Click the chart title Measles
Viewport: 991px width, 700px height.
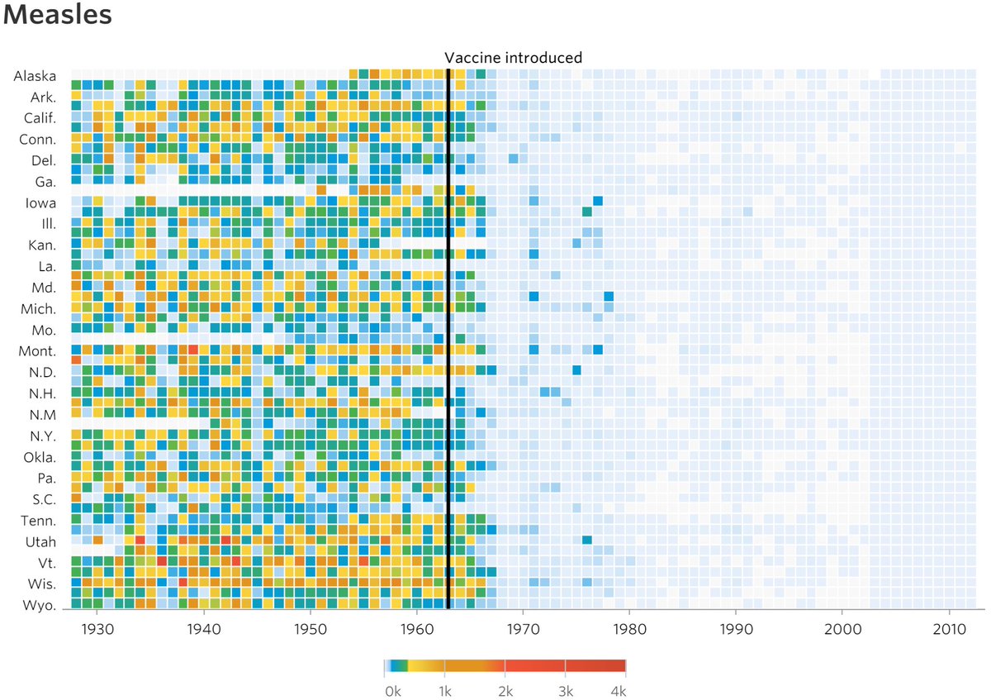(x=58, y=17)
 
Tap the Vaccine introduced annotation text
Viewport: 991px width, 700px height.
(x=513, y=58)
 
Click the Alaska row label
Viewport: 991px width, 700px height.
(x=35, y=76)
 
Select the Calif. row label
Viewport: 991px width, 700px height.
(x=37, y=118)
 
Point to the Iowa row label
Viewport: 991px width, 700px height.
(x=40, y=202)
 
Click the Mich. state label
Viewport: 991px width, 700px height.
(x=38, y=309)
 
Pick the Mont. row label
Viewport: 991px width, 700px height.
(x=38, y=351)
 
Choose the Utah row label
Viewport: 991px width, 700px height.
(x=40, y=542)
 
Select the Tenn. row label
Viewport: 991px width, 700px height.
(x=38, y=521)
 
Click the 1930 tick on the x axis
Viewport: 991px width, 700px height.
(x=97, y=628)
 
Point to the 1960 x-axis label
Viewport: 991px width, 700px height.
(x=416, y=628)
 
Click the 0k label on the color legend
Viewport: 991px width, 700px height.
(x=393, y=689)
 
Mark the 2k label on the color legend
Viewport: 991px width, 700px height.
(x=505, y=689)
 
